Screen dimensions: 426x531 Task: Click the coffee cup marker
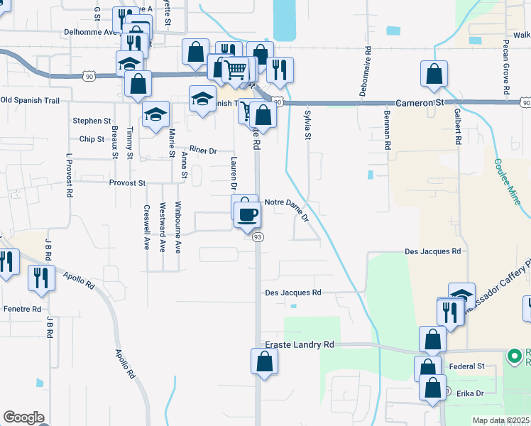click(247, 214)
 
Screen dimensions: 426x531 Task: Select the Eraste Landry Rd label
click(299, 344)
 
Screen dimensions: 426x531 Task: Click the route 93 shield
click(258, 237)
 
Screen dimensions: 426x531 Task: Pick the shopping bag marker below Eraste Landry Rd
click(264, 362)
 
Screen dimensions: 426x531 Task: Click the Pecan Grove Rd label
click(507, 72)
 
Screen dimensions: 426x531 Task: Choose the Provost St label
click(127, 182)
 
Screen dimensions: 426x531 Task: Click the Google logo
click(23, 417)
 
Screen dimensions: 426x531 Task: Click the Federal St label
click(466, 366)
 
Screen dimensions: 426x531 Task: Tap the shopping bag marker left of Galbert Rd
click(434, 75)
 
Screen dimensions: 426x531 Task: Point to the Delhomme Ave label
click(89, 32)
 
